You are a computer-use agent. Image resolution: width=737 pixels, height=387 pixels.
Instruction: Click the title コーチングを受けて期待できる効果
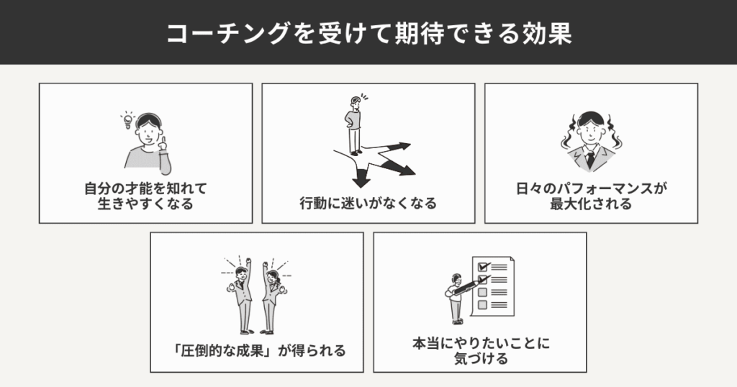coord(369,33)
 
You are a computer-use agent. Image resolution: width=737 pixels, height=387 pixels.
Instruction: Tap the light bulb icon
coord(127,121)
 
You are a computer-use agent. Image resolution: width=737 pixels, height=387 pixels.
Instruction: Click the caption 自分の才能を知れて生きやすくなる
coord(145,196)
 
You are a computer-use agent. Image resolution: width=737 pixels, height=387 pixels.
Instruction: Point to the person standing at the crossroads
coord(355,125)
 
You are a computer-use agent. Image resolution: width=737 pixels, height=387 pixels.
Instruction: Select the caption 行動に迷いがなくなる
coord(368,204)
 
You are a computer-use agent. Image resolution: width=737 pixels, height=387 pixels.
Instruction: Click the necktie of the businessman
coord(590,160)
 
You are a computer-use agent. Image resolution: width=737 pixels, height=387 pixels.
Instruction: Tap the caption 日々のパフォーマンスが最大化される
coord(592,196)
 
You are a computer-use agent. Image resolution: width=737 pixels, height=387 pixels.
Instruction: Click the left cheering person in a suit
coord(241,296)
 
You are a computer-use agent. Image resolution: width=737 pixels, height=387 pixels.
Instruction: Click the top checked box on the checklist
coord(483,266)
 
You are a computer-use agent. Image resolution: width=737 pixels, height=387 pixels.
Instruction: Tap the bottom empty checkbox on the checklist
coord(482,305)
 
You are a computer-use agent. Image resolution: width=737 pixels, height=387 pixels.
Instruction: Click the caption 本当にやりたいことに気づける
coord(481,351)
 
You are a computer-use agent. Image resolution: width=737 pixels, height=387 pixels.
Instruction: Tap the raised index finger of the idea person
coord(163,140)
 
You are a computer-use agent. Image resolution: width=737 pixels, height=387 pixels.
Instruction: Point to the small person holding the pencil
coord(456,299)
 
